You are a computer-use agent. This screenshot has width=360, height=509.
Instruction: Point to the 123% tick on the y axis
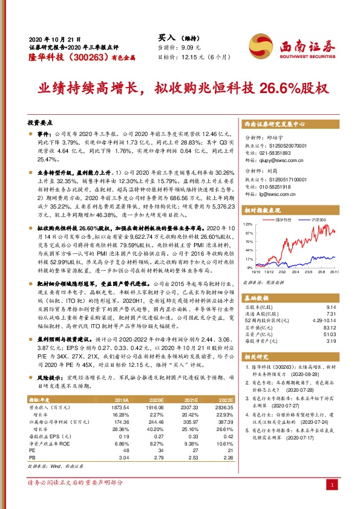pyautogui.click(x=248, y=223)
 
